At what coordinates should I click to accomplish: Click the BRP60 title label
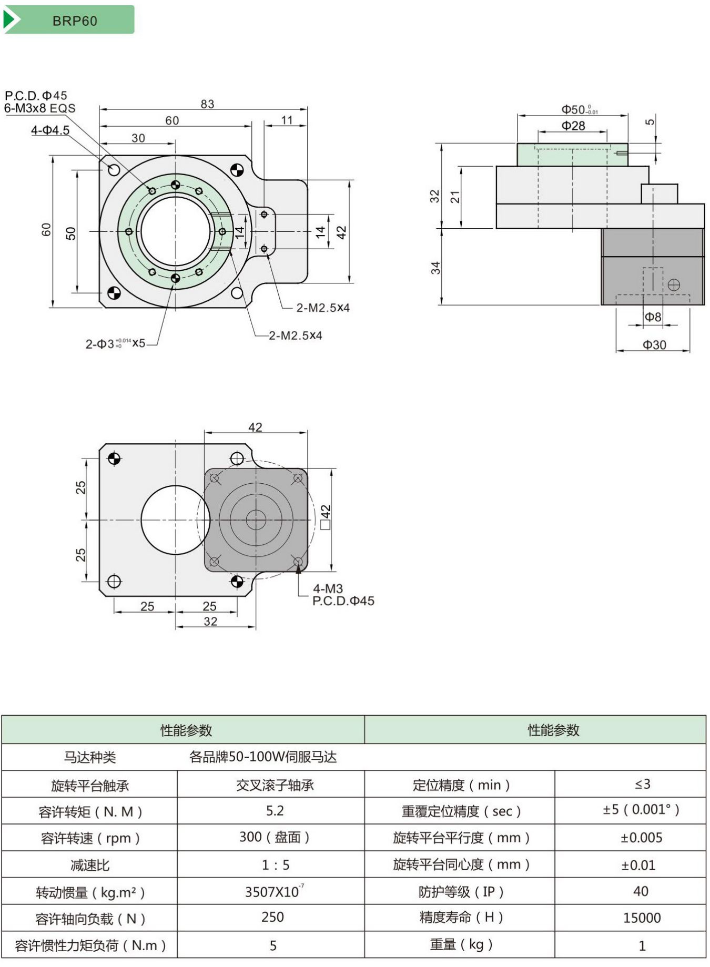pos(75,21)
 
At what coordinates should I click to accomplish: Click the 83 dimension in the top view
pos(207,104)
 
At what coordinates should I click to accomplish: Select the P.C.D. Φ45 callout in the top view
pos(36,96)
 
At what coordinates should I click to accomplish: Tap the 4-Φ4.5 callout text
pos(50,130)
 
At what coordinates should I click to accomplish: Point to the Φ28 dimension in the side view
pos(573,126)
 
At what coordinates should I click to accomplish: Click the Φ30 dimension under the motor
pos(654,345)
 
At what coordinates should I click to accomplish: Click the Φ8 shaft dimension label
pos(653,317)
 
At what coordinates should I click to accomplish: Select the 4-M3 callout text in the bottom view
pos(328,588)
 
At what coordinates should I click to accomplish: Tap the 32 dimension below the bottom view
pos(210,622)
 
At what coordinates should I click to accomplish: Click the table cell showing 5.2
pos(275,811)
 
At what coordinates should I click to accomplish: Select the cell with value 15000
pos(642,918)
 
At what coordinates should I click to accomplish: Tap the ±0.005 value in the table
pos(641,838)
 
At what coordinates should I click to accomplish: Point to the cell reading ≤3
pos(642,784)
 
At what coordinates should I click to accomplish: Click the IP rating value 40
pos(641,891)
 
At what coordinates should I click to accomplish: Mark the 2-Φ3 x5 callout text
pos(115,343)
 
